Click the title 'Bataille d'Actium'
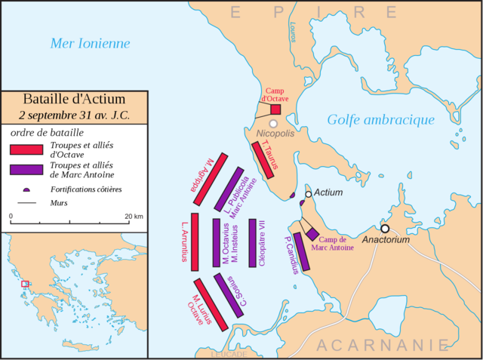point(74,99)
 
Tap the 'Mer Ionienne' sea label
point(90,43)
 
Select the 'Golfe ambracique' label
point(380,119)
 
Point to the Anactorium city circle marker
point(385,228)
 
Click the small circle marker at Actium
point(308,194)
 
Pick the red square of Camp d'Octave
point(275,109)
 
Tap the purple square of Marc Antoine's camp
point(312,235)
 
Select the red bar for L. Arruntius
point(195,241)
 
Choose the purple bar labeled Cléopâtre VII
point(253,242)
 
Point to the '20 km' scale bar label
point(134,216)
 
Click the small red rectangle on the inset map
point(25,284)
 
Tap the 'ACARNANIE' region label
point(392,346)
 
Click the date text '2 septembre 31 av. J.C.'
point(74,115)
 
